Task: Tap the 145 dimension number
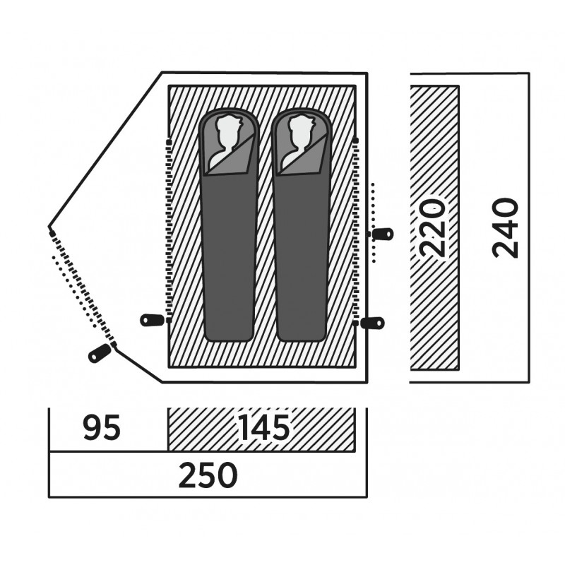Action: coord(263,429)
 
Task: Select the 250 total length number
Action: coord(207,477)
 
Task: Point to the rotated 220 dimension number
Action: coord(432,227)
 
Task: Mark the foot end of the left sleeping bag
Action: coord(230,332)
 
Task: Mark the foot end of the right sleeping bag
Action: coord(302,332)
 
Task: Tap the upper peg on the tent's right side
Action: coord(383,234)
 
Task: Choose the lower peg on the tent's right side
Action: coord(372,323)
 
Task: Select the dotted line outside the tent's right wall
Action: coord(374,219)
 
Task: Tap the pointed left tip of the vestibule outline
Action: coord(49,230)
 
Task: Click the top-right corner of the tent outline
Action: coord(367,72)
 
